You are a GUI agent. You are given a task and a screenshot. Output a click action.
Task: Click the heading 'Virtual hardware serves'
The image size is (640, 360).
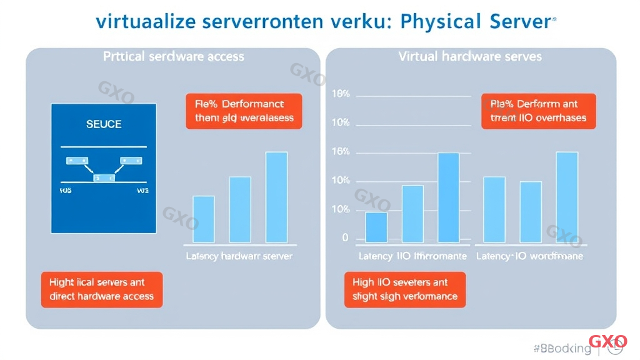point(470,56)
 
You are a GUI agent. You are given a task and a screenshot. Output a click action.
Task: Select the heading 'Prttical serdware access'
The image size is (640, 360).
point(173,56)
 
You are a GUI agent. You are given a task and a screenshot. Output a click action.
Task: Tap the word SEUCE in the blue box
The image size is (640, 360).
point(104,124)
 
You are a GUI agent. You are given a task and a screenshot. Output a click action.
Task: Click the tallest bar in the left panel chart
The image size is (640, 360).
point(276,197)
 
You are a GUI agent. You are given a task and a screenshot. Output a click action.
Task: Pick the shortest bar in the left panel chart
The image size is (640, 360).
point(203,219)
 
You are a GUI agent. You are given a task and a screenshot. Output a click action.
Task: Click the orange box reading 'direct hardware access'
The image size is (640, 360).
point(102,289)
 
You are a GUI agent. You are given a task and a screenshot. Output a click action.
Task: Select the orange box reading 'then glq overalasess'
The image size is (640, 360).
point(244,111)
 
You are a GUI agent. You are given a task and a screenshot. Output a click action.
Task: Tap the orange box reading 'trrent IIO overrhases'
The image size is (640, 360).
point(538,111)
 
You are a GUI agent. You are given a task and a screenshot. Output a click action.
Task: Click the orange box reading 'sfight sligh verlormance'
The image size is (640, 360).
point(405,289)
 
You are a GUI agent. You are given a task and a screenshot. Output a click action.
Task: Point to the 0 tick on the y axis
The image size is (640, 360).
point(345,238)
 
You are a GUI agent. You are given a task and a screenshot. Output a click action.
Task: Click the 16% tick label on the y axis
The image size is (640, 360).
point(340,152)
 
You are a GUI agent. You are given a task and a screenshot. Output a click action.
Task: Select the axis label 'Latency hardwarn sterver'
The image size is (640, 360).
point(239,256)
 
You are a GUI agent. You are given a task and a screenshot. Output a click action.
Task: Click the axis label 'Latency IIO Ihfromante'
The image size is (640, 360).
point(412,256)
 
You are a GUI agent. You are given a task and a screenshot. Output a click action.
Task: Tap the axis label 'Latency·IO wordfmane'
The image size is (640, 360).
point(529,256)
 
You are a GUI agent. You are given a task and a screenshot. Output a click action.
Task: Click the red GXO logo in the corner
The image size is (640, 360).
point(608,342)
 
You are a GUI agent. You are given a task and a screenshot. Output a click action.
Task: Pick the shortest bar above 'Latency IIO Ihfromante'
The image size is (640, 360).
point(376,227)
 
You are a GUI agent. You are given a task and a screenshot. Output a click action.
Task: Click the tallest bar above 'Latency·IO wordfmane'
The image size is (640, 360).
point(567,197)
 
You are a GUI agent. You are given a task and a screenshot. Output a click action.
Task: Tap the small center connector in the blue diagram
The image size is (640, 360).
point(104,178)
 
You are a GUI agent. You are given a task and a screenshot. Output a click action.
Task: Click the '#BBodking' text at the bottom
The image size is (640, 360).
point(562,348)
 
